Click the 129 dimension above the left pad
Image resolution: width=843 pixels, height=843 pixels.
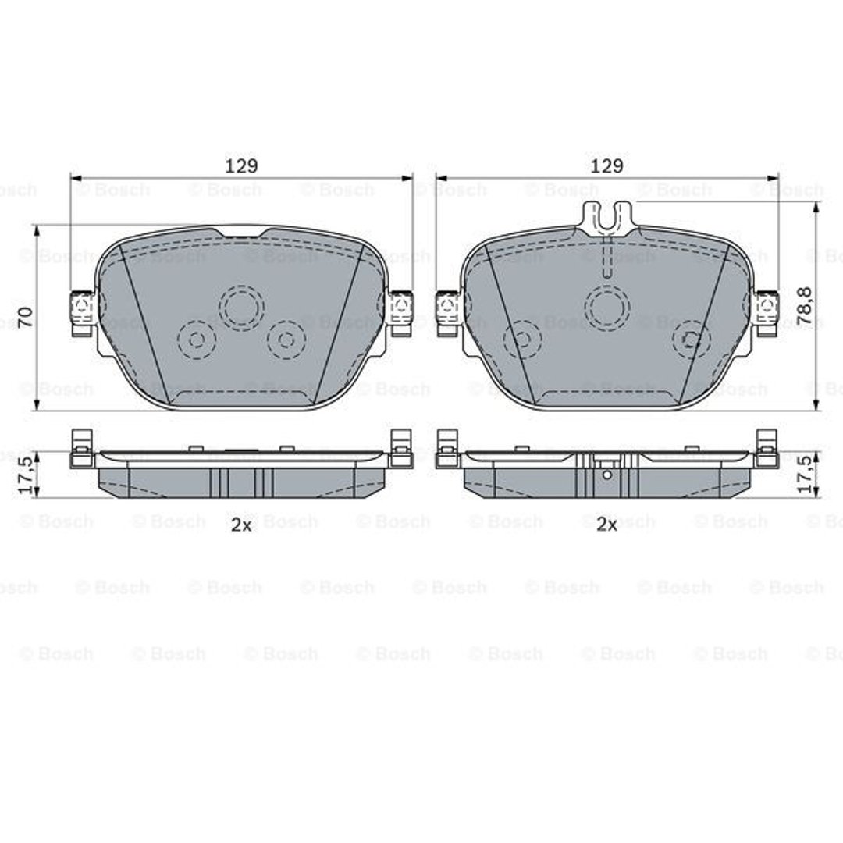coord(241,165)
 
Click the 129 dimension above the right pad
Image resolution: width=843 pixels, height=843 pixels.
coord(607,165)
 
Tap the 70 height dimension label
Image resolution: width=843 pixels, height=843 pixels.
coord(25,318)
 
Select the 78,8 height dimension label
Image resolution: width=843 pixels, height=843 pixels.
coord(805,305)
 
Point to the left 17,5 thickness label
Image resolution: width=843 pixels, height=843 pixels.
coord(25,475)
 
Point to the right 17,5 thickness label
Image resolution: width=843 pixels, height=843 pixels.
coord(805,475)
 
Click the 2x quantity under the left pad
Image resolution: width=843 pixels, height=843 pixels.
coord(241,525)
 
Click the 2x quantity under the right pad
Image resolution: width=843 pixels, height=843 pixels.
coord(607,525)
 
